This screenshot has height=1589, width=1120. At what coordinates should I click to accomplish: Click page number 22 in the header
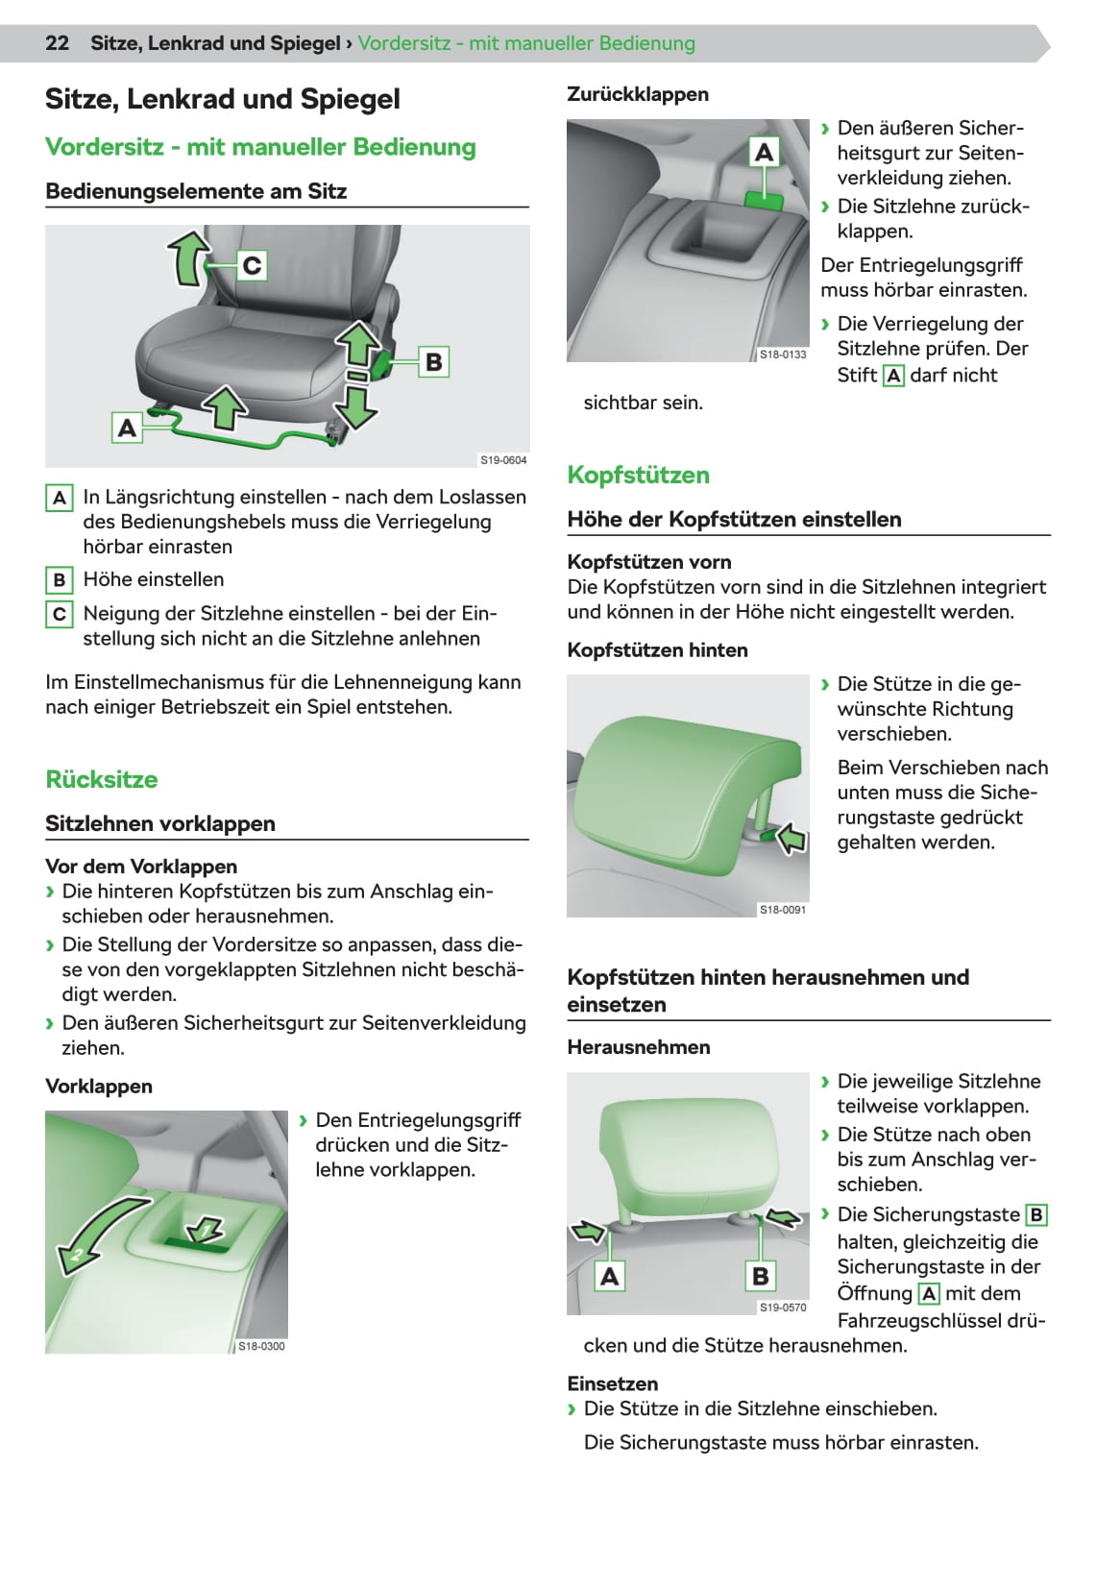click(x=57, y=43)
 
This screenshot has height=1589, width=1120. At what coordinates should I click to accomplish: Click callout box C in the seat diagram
click(x=251, y=265)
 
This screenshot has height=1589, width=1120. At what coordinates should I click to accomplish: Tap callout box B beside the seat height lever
click(x=433, y=362)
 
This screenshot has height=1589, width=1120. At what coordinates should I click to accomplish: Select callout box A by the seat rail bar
click(x=127, y=428)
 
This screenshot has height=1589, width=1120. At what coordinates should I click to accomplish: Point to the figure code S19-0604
click(x=503, y=460)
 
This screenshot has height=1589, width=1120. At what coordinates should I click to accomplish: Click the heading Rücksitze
click(x=102, y=779)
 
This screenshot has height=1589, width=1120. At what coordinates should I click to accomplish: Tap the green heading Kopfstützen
click(x=639, y=475)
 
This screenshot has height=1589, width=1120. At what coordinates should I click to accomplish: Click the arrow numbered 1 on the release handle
click(x=205, y=1231)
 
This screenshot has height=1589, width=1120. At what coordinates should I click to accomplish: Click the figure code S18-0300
click(x=261, y=1346)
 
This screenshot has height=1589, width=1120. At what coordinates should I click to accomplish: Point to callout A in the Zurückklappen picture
click(x=764, y=153)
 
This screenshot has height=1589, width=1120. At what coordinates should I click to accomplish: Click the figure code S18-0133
click(x=783, y=354)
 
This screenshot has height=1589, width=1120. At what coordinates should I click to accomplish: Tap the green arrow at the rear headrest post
click(x=791, y=839)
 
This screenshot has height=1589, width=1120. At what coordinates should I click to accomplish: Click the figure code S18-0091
click(x=783, y=910)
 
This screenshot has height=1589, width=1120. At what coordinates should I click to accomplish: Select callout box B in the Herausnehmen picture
click(x=760, y=1276)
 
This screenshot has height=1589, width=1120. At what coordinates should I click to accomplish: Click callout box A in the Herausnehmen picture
click(x=609, y=1276)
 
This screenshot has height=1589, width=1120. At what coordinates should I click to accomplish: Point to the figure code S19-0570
click(x=783, y=1308)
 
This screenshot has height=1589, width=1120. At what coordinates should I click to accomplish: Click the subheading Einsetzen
click(x=612, y=1383)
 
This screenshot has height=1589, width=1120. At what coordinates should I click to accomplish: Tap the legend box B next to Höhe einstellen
click(x=60, y=580)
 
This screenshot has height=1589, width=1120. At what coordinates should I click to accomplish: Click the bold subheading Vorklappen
click(x=99, y=1086)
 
